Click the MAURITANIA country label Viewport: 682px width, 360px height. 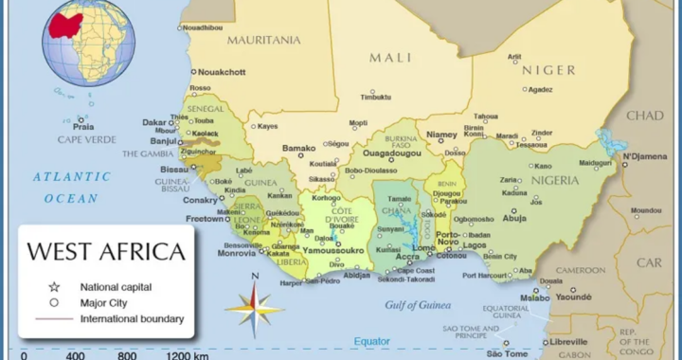click(x=264, y=40)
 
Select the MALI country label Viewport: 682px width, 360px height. click(x=390, y=58)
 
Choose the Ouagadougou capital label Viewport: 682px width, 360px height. click(x=393, y=153)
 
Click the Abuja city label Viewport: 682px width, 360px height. click(x=514, y=217)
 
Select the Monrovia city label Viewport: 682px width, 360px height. click(x=237, y=253)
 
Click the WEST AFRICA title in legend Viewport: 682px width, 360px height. click(x=105, y=252)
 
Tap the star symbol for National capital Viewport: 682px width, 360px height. click(x=54, y=286)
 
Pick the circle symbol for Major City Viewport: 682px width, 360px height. click(x=54, y=302)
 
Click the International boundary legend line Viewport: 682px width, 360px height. click(x=54, y=319)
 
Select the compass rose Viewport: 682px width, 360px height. click(x=254, y=305)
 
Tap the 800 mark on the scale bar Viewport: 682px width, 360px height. click(x=126, y=356)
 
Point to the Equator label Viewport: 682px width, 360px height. click(x=371, y=340)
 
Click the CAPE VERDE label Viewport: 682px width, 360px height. click(x=86, y=139)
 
